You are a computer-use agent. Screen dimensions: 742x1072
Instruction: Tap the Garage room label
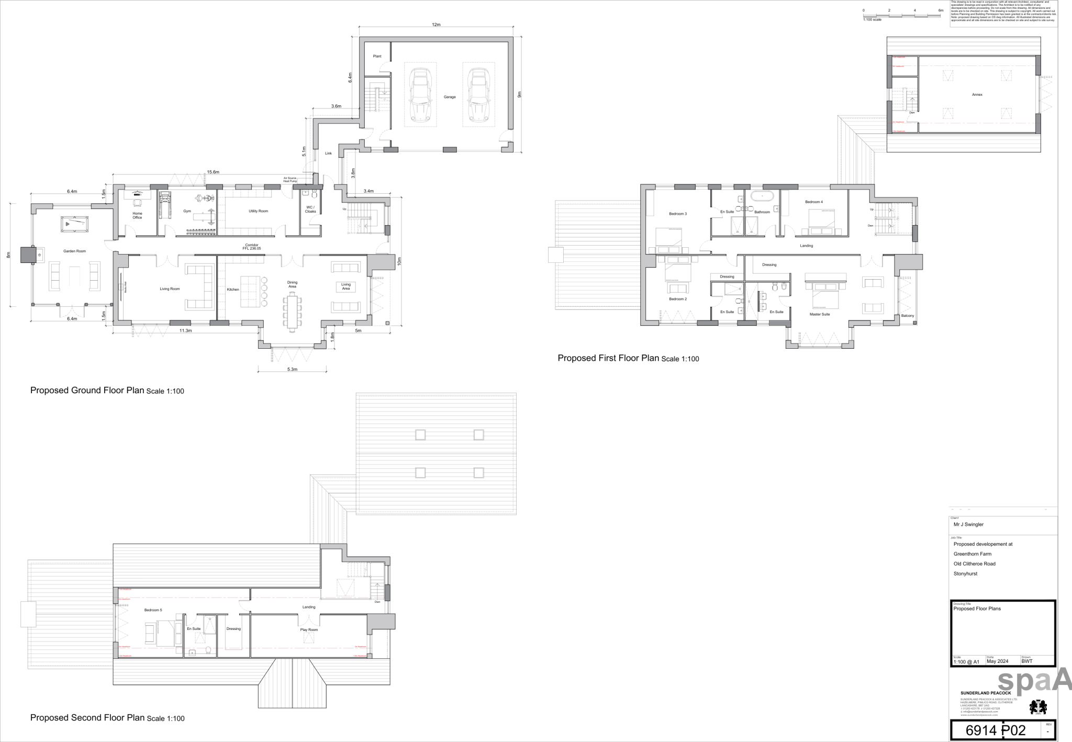click(x=450, y=97)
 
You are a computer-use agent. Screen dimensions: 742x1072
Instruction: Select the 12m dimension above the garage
click(x=436, y=25)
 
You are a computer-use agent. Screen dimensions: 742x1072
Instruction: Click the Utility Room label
click(x=258, y=211)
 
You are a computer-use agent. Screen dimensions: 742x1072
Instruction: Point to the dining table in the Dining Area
click(x=292, y=312)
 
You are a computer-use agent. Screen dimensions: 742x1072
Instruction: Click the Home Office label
click(x=137, y=215)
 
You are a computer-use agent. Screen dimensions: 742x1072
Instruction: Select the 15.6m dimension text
click(x=213, y=172)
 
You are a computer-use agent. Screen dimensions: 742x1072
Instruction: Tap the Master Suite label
click(x=819, y=314)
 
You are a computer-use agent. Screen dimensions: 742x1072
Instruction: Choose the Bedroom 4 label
click(x=813, y=202)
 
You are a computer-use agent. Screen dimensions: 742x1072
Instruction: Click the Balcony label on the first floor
click(x=907, y=316)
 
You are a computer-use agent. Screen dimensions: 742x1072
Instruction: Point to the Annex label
click(x=977, y=95)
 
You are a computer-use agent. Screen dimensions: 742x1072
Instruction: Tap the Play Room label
click(x=309, y=630)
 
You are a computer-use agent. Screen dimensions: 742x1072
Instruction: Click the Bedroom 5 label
click(x=153, y=610)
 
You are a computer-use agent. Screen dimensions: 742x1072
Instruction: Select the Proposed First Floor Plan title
click(x=608, y=358)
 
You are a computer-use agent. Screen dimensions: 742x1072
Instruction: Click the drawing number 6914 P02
click(x=995, y=730)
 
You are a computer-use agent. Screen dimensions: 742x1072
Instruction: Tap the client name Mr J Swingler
click(x=968, y=524)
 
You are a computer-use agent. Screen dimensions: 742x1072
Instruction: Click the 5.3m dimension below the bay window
click(x=292, y=369)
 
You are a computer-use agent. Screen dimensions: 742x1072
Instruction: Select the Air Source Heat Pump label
click(x=290, y=180)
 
